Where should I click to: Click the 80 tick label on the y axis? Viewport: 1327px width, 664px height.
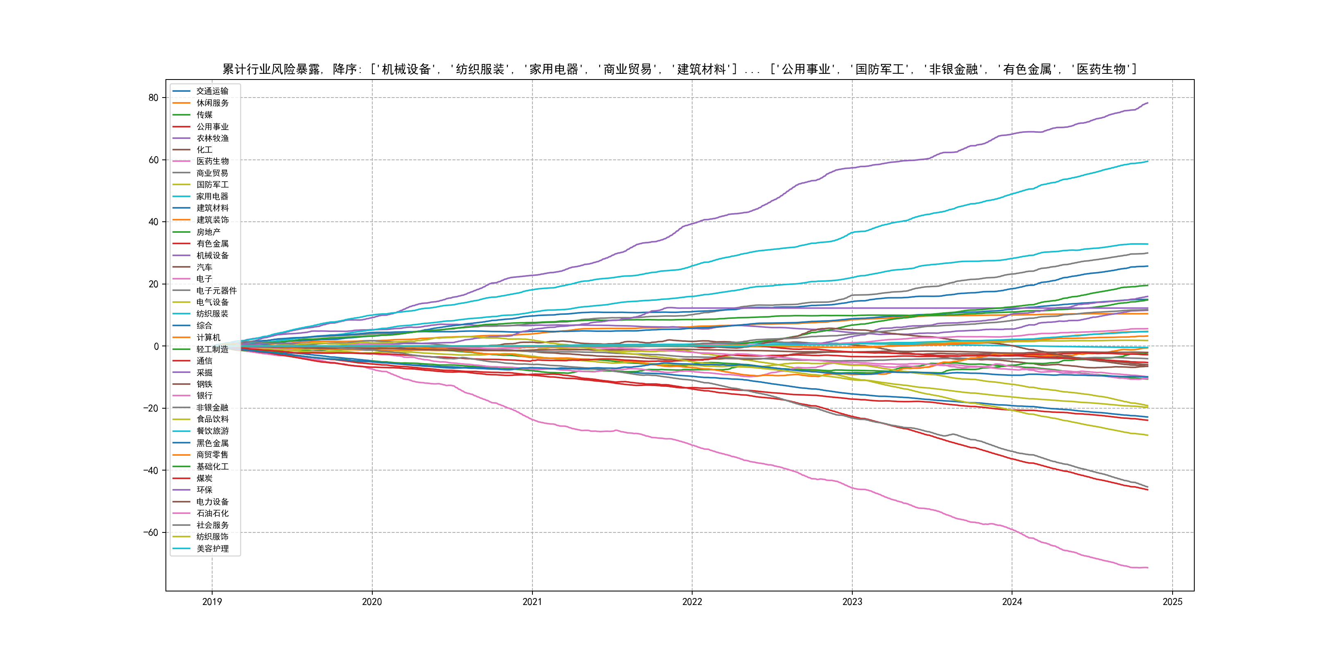click(153, 98)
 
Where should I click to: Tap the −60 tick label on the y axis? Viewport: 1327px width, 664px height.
click(150, 532)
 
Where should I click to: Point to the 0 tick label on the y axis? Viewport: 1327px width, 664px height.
click(156, 346)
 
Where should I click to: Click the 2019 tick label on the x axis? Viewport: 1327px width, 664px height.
click(212, 602)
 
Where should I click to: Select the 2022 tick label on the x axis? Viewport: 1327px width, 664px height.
click(692, 602)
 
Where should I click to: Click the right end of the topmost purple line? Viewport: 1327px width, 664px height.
click(1147, 103)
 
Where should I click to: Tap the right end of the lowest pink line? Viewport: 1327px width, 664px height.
click(1147, 568)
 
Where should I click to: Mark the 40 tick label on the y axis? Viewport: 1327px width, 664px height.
click(153, 222)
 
